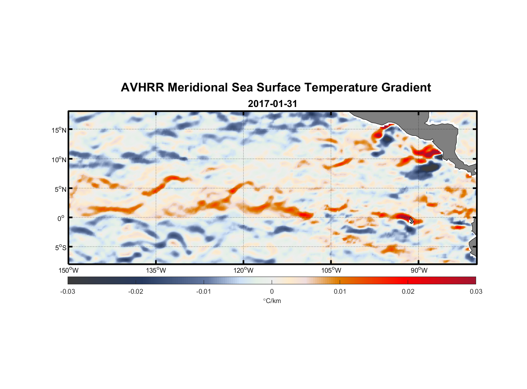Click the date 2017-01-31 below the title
(272, 104)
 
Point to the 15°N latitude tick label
(59, 130)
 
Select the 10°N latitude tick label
(59, 159)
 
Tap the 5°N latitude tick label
(60, 189)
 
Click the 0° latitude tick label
(61, 218)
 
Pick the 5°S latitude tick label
(60, 247)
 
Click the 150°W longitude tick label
(68, 270)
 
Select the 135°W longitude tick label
(156, 270)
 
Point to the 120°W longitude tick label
(243, 270)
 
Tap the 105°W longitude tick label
(331, 270)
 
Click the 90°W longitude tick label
(419, 270)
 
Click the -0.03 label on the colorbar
(68, 291)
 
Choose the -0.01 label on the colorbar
(204, 291)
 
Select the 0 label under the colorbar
(272, 291)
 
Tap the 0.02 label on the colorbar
(408, 291)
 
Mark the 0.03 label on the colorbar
(476, 291)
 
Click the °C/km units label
(272, 301)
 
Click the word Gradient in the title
(406, 88)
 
